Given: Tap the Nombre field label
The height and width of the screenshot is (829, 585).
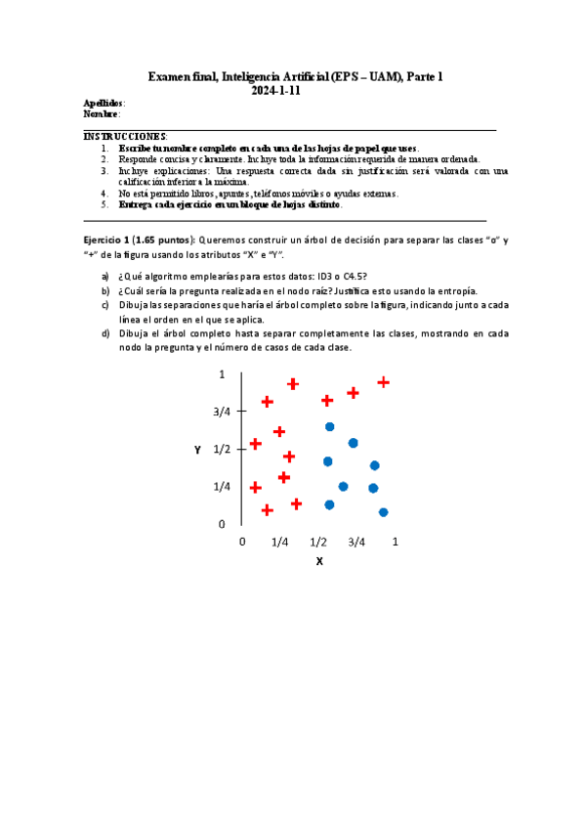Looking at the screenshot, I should [x=101, y=113].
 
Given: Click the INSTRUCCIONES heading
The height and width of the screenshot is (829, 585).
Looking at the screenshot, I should [x=125, y=136].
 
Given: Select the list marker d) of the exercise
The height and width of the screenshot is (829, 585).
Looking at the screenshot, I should [x=105, y=332].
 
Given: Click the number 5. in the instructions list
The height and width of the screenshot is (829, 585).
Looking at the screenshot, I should [x=105, y=204].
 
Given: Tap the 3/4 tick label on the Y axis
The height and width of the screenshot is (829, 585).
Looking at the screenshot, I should [x=222, y=412].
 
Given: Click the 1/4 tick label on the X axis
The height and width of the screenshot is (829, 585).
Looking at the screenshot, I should [x=279, y=542].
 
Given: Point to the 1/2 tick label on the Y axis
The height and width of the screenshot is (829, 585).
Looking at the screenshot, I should [x=222, y=450].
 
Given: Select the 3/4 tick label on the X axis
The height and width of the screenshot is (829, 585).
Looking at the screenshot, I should [x=356, y=542].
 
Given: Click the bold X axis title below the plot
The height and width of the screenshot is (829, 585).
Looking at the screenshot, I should [x=318, y=561].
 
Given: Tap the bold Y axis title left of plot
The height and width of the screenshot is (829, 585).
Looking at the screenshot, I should [x=197, y=450].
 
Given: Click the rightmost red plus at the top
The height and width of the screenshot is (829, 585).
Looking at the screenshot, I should [x=384, y=382].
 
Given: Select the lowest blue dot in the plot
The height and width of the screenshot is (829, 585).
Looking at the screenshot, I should [x=383, y=512].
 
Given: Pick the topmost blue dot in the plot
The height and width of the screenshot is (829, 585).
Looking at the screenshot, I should [x=330, y=427].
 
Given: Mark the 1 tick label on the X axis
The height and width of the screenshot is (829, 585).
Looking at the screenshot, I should [x=396, y=542].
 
